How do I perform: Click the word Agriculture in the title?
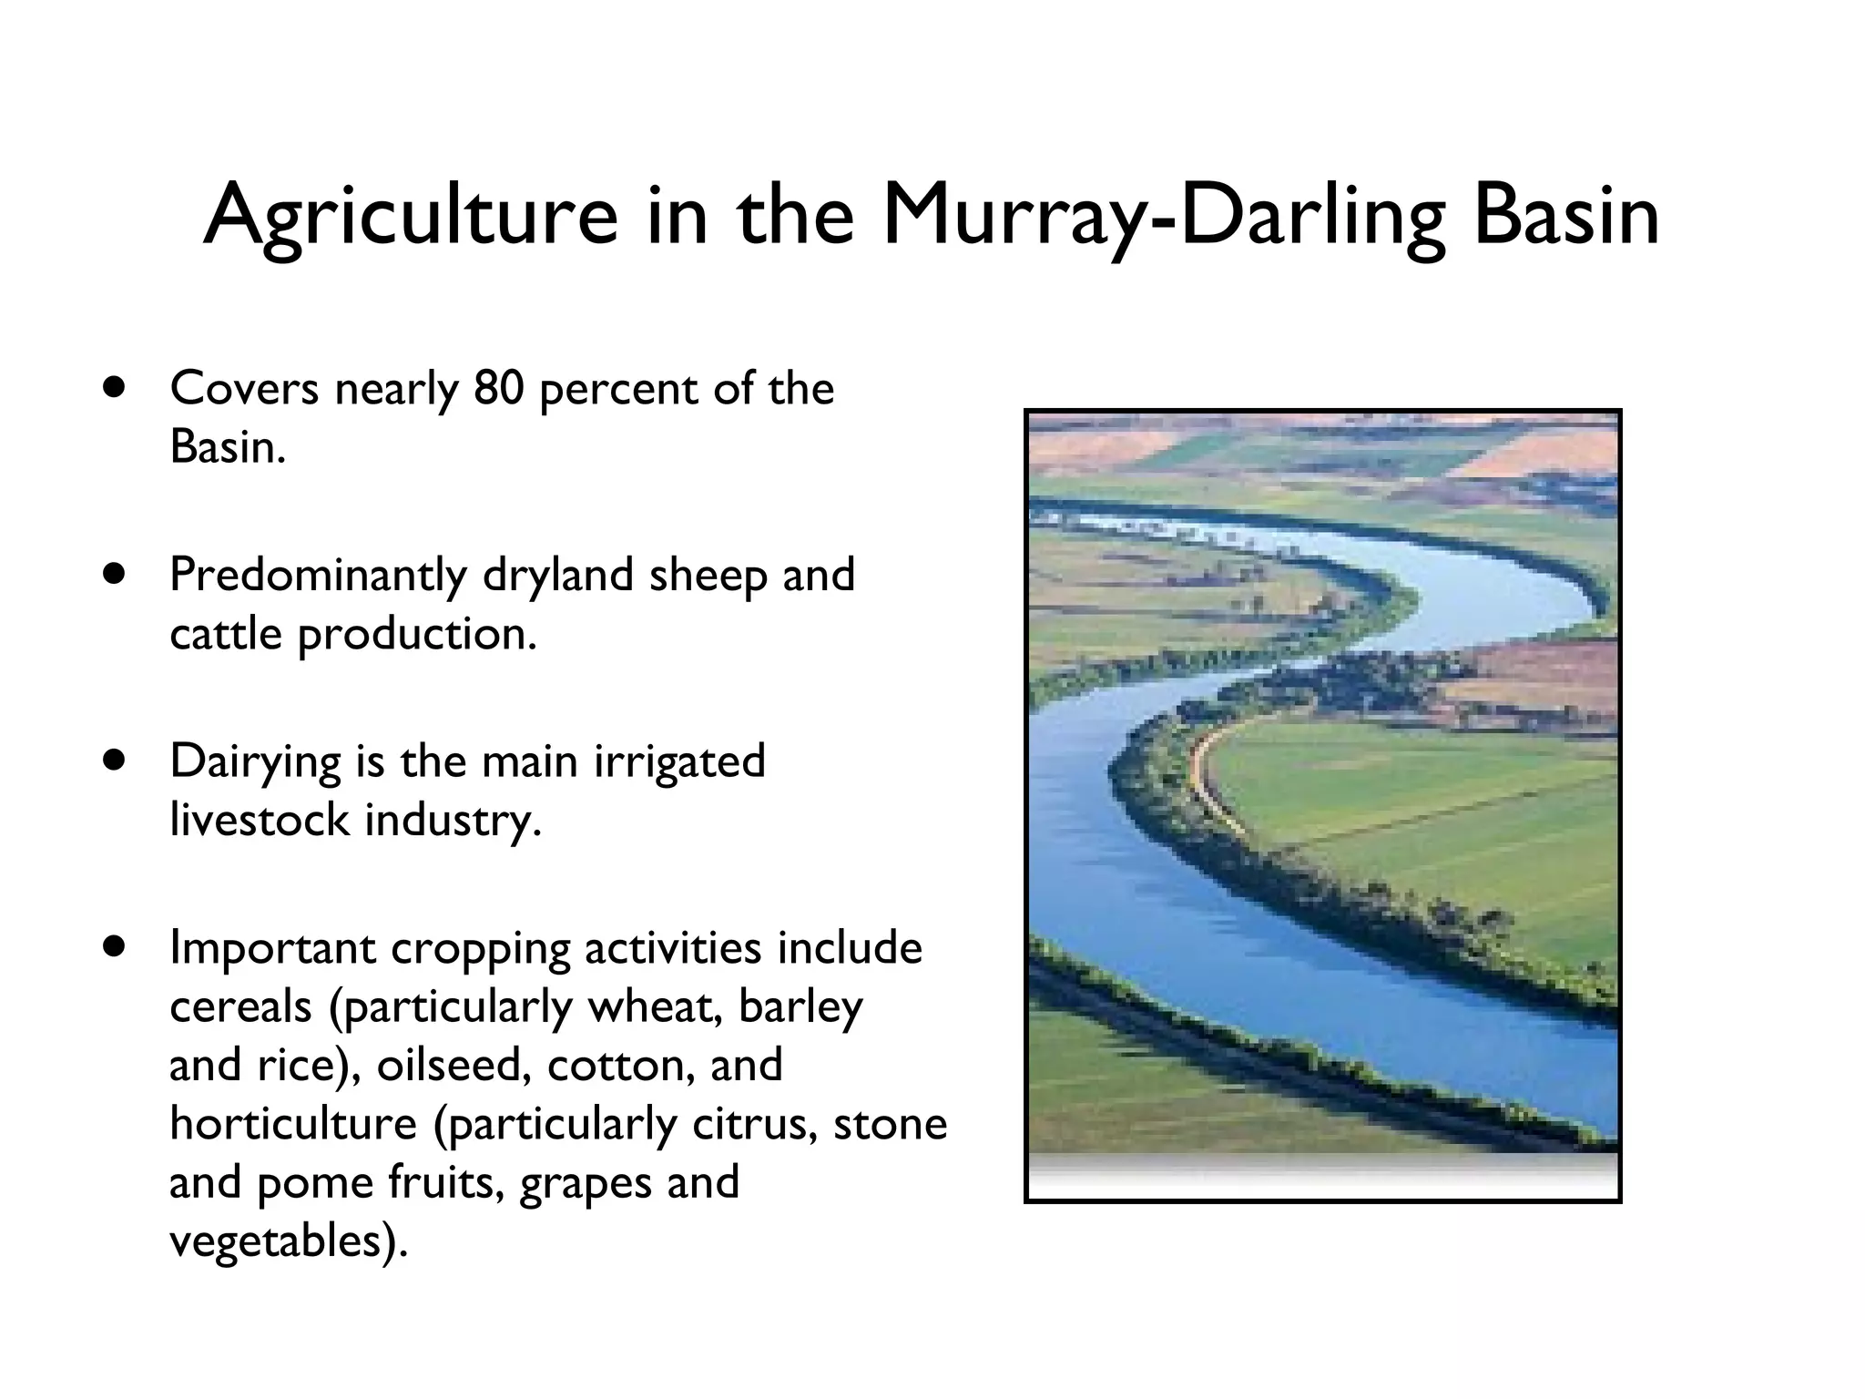[411, 217]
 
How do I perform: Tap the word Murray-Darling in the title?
[1163, 217]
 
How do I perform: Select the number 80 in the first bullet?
[498, 389]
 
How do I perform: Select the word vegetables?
[282, 1241]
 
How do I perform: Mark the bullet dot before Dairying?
[113, 761]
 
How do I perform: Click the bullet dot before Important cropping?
[113, 947]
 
